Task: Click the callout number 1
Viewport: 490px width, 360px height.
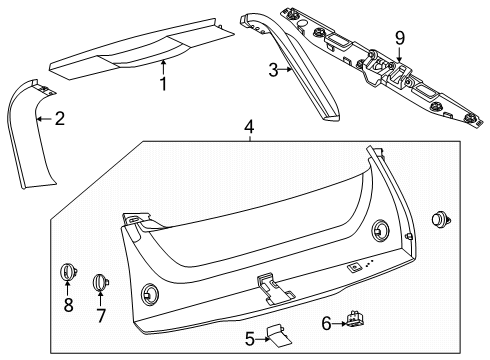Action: tap(163, 84)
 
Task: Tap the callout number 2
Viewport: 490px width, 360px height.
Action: tap(60, 119)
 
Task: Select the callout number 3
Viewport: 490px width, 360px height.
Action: tap(273, 70)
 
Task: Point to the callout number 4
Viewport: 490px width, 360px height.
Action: tap(249, 127)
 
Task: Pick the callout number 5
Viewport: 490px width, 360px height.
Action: tap(250, 339)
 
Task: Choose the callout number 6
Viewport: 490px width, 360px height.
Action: tap(326, 323)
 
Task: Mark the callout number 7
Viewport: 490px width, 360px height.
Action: tap(101, 315)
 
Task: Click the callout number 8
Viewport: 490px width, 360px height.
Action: tap(68, 305)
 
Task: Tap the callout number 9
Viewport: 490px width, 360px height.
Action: tap(400, 38)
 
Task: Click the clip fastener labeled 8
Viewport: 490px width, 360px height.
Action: tap(68, 272)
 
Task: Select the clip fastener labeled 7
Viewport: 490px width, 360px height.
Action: tap(100, 282)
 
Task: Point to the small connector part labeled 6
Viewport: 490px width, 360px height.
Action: tap(355, 318)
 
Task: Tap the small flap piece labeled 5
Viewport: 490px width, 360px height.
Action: tap(279, 336)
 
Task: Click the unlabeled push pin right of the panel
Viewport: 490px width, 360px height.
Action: tap(441, 220)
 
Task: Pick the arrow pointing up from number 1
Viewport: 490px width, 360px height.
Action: tap(163, 67)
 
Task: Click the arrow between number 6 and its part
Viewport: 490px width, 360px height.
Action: tap(339, 323)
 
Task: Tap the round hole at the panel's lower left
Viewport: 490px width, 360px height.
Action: tap(150, 294)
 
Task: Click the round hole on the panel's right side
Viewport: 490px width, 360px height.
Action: tap(380, 230)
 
